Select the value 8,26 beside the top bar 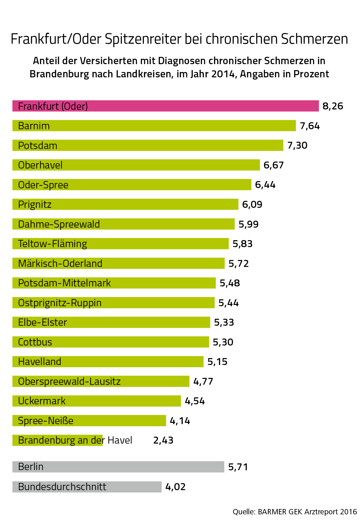coord(333,106)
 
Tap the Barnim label coord(34,126)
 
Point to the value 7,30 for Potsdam coord(297,146)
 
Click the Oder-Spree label coord(43,185)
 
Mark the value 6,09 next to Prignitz coord(252,205)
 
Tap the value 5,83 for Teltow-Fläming coord(242,244)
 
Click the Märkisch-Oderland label coord(60,263)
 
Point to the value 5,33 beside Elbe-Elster coord(224,323)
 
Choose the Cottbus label coord(35,342)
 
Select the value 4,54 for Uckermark coord(195,401)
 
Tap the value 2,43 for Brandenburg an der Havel coord(163,440)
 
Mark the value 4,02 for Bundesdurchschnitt coord(175,487)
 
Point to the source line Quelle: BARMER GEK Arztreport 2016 coord(295,512)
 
